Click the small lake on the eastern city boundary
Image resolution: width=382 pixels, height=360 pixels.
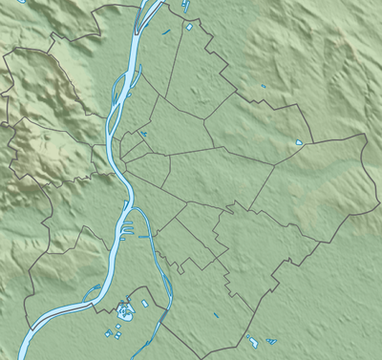pyautogui.click(x=299, y=143)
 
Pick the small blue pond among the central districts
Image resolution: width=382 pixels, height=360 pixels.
pyautogui.click(x=143, y=135)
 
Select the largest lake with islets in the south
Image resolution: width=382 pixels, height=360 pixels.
pyautogui.click(x=124, y=309)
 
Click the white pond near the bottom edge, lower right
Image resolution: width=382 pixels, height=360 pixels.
pyautogui.click(x=253, y=341)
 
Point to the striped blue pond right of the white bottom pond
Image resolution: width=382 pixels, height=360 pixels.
pyautogui.click(x=271, y=341)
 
